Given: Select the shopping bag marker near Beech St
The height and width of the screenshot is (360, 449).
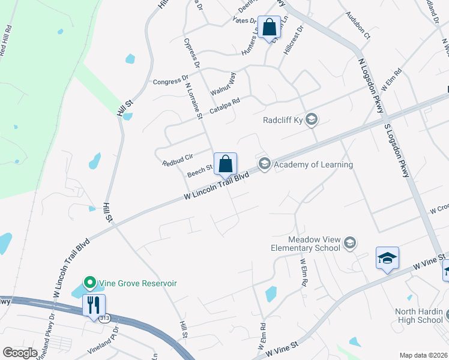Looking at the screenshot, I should point(225,163).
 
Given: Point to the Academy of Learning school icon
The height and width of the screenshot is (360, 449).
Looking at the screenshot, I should point(264,164).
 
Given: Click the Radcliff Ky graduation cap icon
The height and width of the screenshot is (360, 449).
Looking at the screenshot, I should point(311,120).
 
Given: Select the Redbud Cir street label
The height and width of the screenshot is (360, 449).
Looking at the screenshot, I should point(177,160).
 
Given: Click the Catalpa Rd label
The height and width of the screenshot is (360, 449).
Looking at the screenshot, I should point(224,106).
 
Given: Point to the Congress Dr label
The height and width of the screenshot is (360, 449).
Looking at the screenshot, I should point(170,79).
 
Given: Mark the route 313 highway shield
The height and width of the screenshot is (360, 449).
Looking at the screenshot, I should point(105,319).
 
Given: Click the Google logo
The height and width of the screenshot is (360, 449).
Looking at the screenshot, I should point(20,353).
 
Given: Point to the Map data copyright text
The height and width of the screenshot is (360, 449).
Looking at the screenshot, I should point(424,355).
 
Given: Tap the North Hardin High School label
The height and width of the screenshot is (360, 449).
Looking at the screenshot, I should point(418,316).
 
